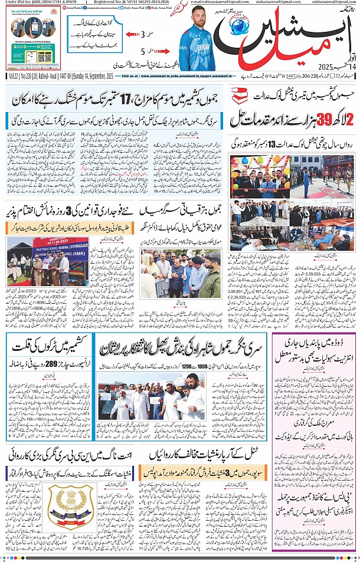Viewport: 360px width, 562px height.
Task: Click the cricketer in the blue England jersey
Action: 201,44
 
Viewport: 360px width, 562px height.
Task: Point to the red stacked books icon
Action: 240,94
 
